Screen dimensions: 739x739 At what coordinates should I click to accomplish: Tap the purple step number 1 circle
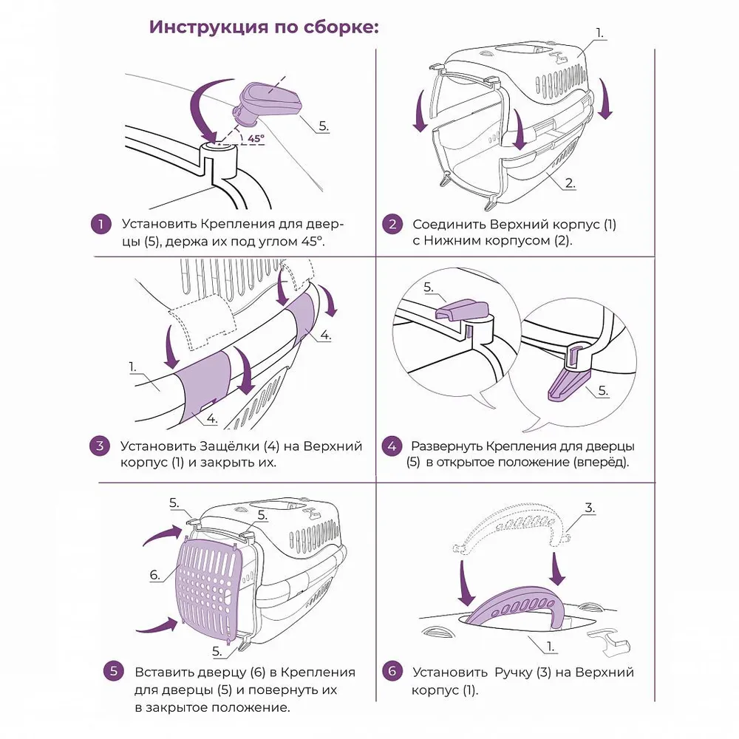[x=101, y=225]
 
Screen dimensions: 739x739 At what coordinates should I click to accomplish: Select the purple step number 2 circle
[x=392, y=225]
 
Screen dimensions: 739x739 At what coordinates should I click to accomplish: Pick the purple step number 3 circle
[x=100, y=446]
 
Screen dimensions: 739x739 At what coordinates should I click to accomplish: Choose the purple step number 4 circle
[x=392, y=446]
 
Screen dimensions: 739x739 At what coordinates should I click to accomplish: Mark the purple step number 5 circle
[x=113, y=671]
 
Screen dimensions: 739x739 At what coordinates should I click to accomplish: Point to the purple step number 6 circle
[x=392, y=671]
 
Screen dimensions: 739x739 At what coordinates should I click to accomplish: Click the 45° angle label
[x=256, y=139]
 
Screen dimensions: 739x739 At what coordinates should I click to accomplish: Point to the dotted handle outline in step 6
[x=511, y=525]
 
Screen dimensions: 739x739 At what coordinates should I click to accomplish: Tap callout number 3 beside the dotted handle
[x=590, y=508]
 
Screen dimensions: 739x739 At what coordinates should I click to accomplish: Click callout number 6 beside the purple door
[x=155, y=574]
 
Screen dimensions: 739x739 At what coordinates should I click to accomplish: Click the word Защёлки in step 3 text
[x=230, y=446]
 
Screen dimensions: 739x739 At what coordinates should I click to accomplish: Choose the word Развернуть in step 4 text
[x=447, y=446]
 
